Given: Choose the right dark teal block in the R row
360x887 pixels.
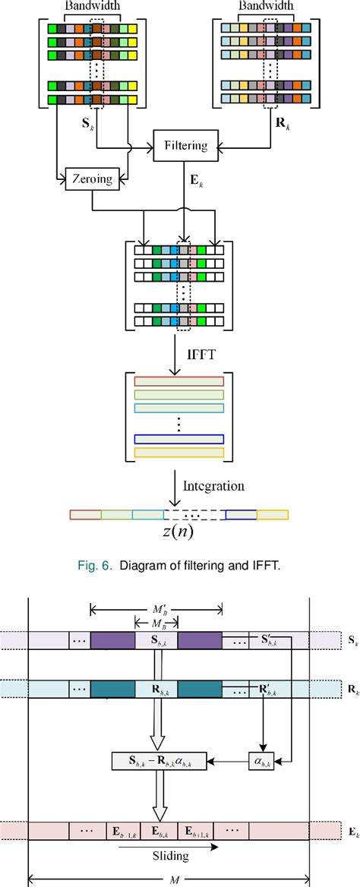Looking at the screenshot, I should (200, 689).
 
